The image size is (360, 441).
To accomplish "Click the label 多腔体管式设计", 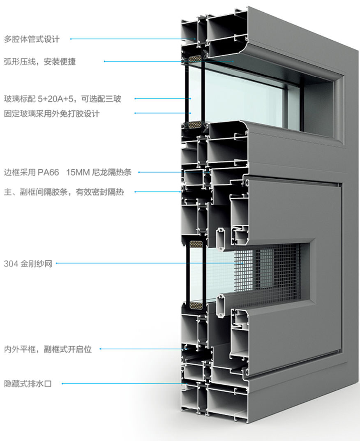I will [x=32, y=39].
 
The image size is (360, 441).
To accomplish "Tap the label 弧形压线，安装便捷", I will [x=40, y=62].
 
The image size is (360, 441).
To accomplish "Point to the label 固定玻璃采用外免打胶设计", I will [x=51, y=114].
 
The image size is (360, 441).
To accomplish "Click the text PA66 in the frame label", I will [x=48, y=173].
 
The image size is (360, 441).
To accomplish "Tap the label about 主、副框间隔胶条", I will [x=64, y=192].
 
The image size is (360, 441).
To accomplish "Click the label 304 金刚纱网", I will [x=28, y=263].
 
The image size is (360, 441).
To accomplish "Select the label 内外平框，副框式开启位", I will [x=48, y=350].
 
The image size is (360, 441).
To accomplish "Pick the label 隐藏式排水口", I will [x=28, y=384].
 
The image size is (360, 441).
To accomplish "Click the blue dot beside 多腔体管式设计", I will [x=71, y=39].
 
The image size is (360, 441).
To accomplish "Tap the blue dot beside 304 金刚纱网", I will [x=56, y=263].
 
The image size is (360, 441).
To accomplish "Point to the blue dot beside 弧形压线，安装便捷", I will [x=104, y=62].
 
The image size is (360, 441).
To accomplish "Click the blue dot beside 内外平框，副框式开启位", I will [x=100, y=349].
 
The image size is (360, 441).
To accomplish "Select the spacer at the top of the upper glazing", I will [x=194, y=59].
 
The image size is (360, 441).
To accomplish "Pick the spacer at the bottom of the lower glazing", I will [x=194, y=305].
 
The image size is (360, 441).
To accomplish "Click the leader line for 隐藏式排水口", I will [x=123, y=384].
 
